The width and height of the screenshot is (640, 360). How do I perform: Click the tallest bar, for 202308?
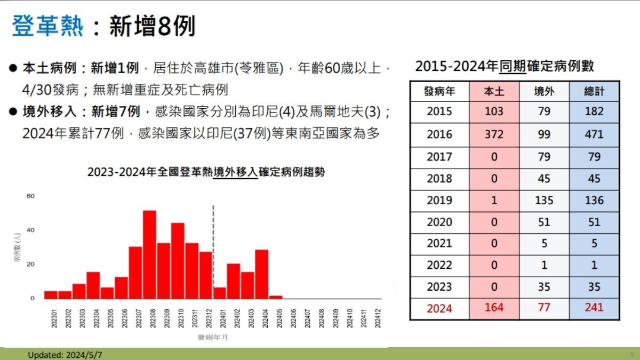coord(149,254)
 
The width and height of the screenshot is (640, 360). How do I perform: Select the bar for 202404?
coord(261,274)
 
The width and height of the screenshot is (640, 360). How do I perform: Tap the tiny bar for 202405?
coord(276,297)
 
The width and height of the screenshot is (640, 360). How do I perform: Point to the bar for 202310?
coord(178,260)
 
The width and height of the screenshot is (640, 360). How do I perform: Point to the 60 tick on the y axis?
coord(30,196)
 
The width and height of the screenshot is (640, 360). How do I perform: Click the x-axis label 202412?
coord(378,318)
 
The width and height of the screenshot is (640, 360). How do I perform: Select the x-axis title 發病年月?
coord(213,338)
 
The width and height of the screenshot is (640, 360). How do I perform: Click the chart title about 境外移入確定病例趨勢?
coord(206,172)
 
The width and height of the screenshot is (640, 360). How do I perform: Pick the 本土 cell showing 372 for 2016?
coord(494,134)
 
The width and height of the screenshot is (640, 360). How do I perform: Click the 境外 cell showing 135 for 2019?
coord(543,201)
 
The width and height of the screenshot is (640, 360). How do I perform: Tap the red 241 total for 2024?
coord(594,307)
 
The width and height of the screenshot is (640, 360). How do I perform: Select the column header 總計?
coord(594,91)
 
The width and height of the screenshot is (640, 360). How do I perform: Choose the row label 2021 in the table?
coord(439,243)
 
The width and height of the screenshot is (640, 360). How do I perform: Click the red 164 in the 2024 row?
coord(494,307)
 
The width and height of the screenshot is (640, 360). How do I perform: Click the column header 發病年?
coord(439,91)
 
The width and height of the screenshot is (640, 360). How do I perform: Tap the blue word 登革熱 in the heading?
coord(47,26)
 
